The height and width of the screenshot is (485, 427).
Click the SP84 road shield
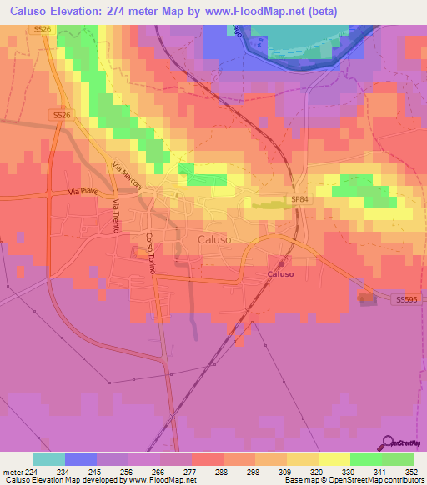click(x=299, y=199)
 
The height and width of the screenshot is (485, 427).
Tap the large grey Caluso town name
click(x=214, y=239)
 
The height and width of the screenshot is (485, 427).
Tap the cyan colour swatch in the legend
click(x=49, y=459)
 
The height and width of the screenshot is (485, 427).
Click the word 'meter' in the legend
click(x=10, y=470)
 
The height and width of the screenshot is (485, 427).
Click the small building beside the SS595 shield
click(x=367, y=297)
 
